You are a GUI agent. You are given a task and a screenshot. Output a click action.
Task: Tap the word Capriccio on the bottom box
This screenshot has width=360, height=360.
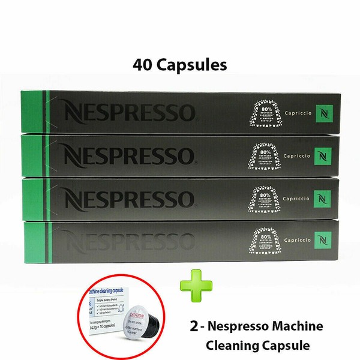click(291, 239)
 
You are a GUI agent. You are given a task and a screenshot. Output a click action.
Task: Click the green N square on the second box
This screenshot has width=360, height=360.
click(324, 154)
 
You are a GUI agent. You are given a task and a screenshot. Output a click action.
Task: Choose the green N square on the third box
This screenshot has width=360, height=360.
click(324, 197)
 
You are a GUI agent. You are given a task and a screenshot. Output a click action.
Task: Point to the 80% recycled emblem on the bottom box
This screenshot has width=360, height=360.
click(264, 240)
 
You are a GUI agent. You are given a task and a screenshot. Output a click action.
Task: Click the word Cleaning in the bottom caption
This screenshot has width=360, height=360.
click(232, 346)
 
